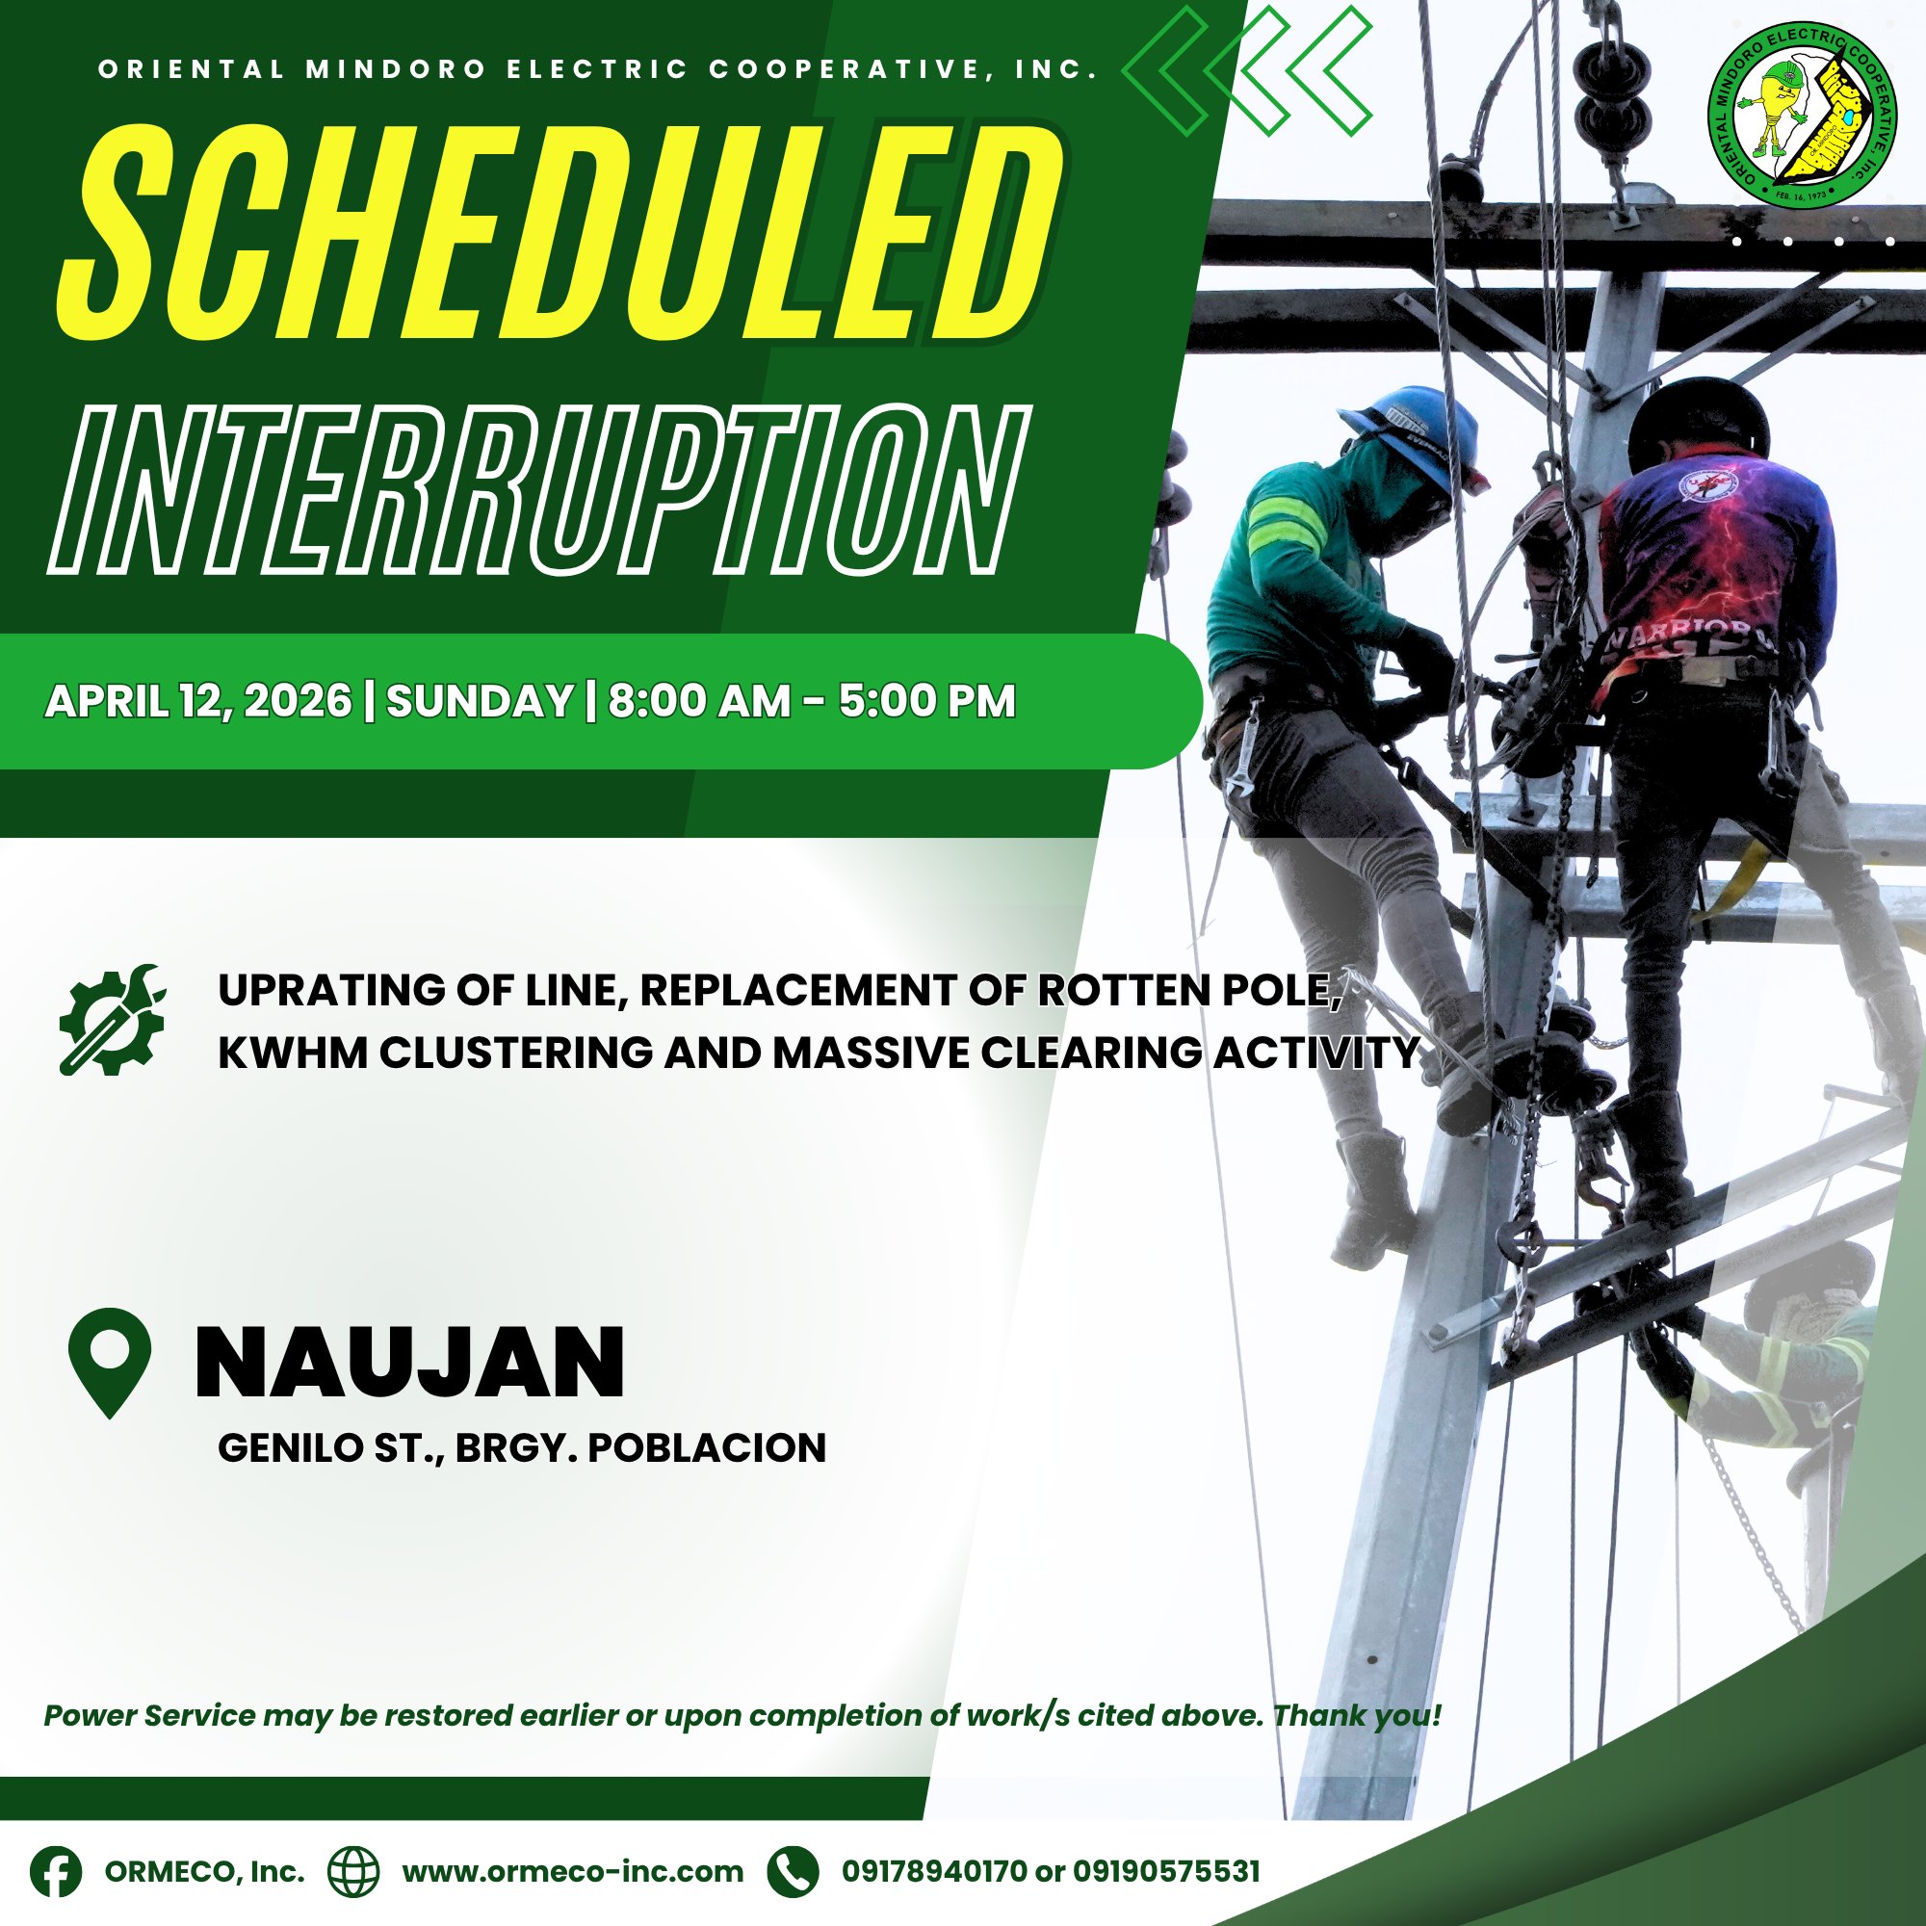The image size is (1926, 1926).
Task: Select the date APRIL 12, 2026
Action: (x=198, y=702)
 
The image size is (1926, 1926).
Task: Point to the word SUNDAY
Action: (x=480, y=701)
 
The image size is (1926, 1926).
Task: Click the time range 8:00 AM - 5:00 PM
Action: (x=812, y=701)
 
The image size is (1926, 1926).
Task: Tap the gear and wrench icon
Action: (x=112, y=1019)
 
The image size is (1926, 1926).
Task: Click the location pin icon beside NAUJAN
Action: (x=110, y=1363)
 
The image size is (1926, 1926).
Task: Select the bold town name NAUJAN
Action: (x=409, y=1362)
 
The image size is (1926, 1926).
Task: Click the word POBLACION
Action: (x=707, y=1448)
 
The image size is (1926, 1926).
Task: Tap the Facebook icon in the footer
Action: (x=56, y=1871)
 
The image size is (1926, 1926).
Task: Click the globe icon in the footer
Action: (x=353, y=1871)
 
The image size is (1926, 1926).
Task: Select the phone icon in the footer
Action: (x=794, y=1871)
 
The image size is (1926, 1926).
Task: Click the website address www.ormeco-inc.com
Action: (x=573, y=1871)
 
